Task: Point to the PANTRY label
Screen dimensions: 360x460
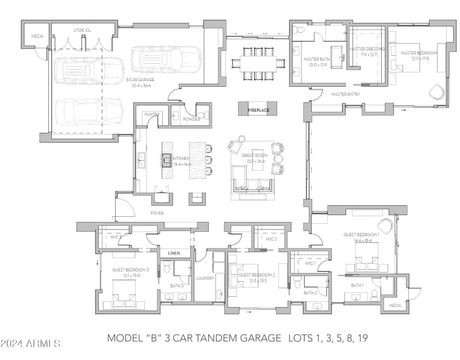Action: click(151, 114)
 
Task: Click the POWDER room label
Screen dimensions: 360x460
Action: click(191, 119)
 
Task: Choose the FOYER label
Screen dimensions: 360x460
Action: click(157, 213)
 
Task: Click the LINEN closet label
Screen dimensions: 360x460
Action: click(174, 253)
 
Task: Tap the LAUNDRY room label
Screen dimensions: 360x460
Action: click(206, 278)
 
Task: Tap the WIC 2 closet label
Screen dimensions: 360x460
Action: click(271, 239)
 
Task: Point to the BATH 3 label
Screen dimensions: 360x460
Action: click(177, 285)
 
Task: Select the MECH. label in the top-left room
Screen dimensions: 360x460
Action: click(38, 36)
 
